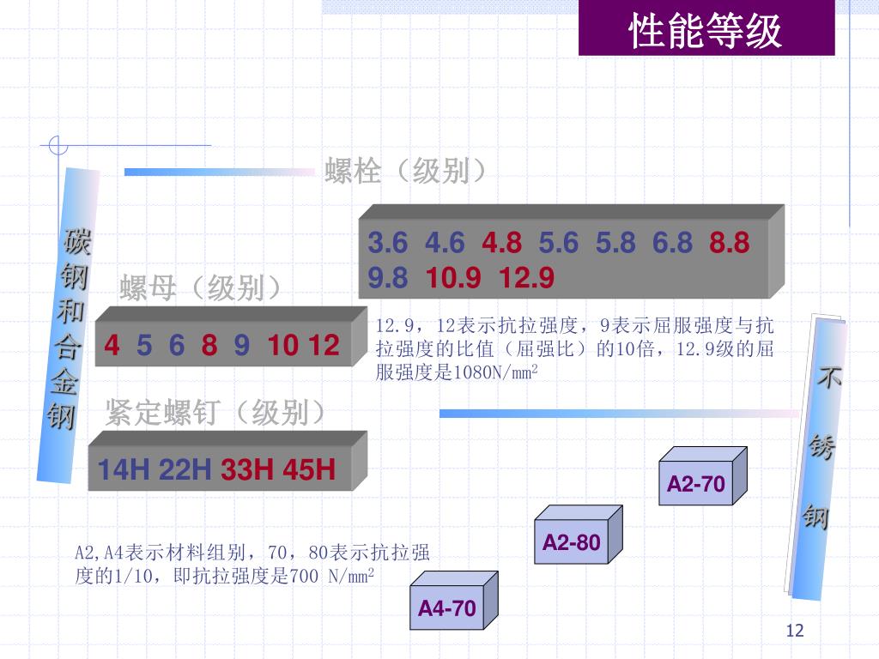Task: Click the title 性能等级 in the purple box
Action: click(x=706, y=32)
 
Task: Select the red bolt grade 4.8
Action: click(x=501, y=244)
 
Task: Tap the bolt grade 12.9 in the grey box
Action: click(x=527, y=278)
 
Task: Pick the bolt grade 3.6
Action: click(x=388, y=244)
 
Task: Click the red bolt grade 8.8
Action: click(x=730, y=244)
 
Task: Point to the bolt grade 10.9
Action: click(x=454, y=278)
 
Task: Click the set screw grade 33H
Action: click(x=247, y=470)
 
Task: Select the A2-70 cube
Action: click(x=696, y=485)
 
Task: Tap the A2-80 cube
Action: click(x=571, y=543)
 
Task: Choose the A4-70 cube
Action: click(x=446, y=608)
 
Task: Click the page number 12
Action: click(x=795, y=632)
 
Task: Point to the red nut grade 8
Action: click(x=209, y=346)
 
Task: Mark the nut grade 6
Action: click(x=177, y=346)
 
